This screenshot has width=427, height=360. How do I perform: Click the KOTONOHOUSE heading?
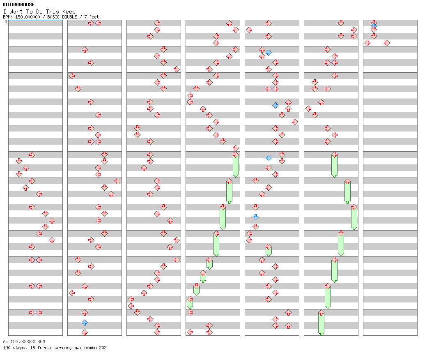[x=19, y=5]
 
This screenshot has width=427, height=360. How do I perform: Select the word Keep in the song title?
[x=69, y=12]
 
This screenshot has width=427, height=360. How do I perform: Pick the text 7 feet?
[x=92, y=17]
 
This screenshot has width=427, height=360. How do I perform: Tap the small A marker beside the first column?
[x=6, y=22]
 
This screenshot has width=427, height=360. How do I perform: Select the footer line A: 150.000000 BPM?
[x=24, y=342]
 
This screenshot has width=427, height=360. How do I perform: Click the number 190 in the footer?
[x=7, y=348]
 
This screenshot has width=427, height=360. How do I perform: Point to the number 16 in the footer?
[x=30, y=348]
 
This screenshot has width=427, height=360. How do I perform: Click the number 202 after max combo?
[x=103, y=348]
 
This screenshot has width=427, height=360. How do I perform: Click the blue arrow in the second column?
[x=85, y=322]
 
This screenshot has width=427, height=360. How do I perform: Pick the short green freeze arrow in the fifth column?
[x=269, y=250]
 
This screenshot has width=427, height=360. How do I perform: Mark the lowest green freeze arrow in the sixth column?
[x=321, y=323]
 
